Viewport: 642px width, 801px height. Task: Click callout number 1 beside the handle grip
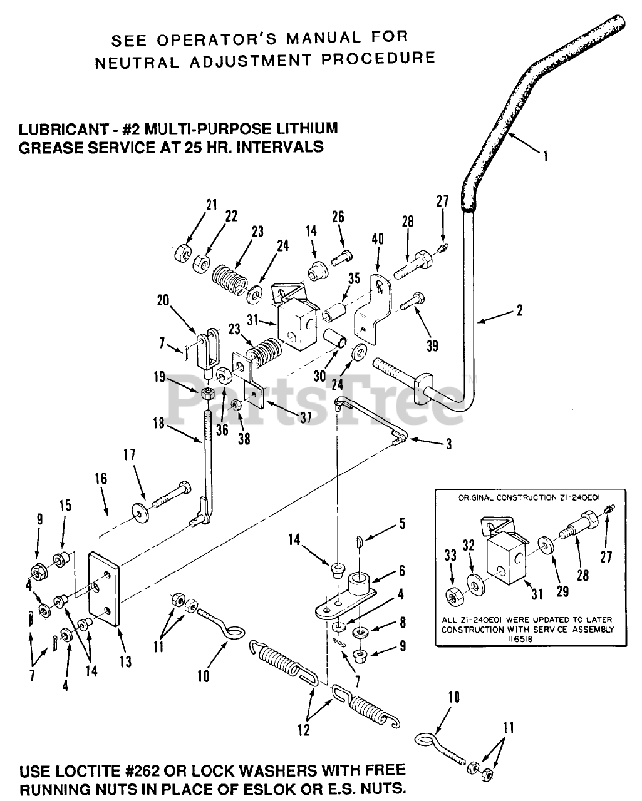click(x=546, y=156)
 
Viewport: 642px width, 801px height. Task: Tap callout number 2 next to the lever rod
click(x=520, y=310)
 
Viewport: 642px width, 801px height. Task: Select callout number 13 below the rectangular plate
click(x=125, y=661)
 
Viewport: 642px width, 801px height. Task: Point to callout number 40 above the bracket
click(x=378, y=238)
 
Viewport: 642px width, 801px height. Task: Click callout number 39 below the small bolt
click(x=432, y=346)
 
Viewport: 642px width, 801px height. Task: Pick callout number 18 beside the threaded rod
click(x=158, y=423)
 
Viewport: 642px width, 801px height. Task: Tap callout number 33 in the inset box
click(x=450, y=555)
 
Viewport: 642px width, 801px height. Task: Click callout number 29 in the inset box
click(x=562, y=591)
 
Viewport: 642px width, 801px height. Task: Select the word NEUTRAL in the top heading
click(x=137, y=63)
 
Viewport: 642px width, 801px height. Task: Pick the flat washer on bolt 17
click(x=140, y=513)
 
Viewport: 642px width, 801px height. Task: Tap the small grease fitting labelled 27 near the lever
click(x=443, y=248)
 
